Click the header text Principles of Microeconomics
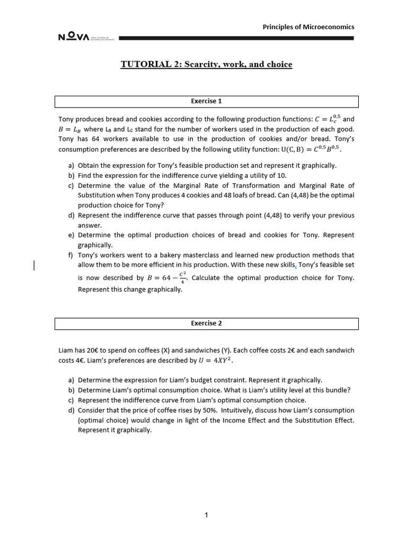[308, 27]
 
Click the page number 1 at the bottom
[207, 517]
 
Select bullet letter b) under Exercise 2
[71, 390]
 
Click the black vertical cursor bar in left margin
[34, 265]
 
